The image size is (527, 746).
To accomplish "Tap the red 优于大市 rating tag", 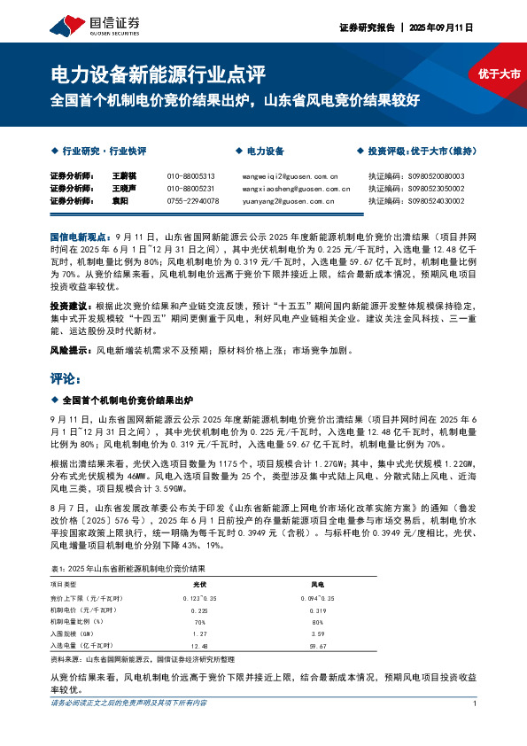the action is click(x=500, y=74).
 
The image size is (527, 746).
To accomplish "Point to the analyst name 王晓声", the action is click(x=123, y=189).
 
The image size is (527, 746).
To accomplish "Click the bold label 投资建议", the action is click(x=67, y=303).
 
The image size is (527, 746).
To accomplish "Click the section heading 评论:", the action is click(x=66, y=378).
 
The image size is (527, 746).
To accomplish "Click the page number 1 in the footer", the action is click(x=476, y=728).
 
